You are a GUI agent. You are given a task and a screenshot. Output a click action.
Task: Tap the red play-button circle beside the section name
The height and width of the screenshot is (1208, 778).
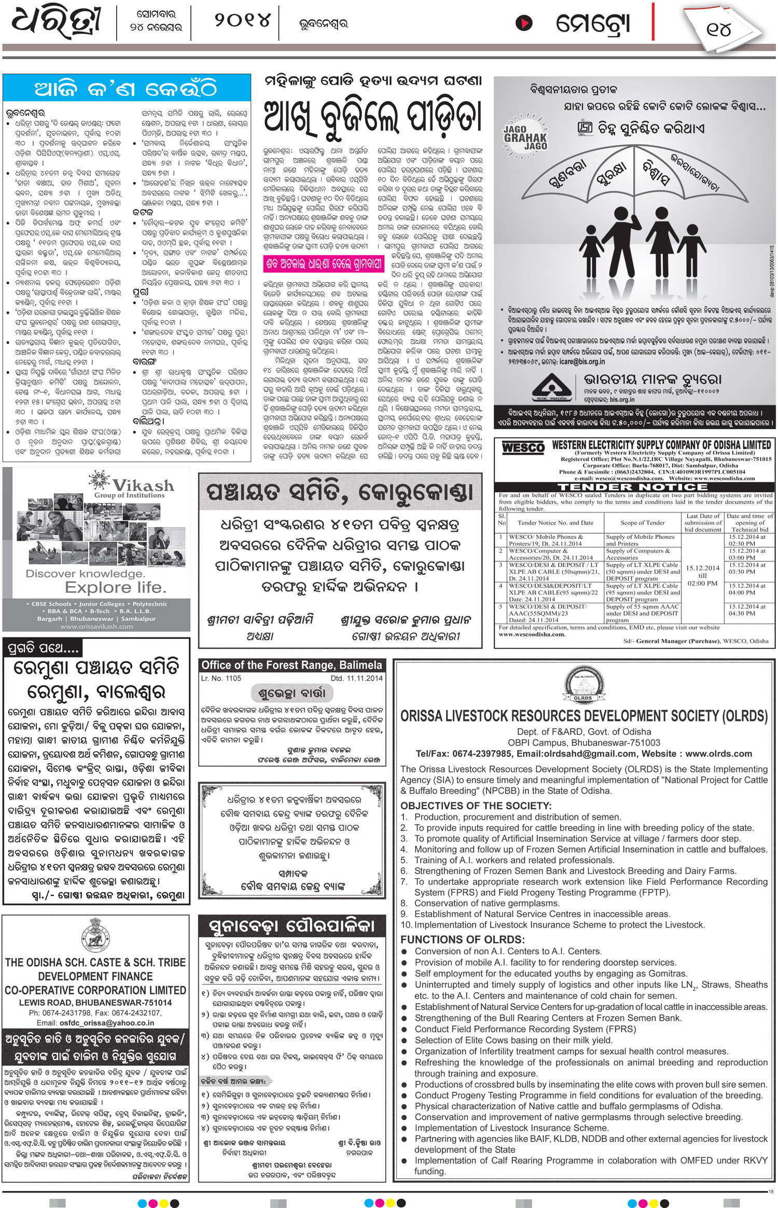[x=524, y=23]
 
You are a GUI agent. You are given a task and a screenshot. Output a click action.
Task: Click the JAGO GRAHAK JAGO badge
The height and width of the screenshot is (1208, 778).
[x=525, y=137]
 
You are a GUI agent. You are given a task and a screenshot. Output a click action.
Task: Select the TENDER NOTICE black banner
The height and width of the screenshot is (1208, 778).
[x=633, y=487]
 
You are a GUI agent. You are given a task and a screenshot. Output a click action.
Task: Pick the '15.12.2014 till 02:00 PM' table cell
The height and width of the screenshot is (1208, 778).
[x=702, y=575]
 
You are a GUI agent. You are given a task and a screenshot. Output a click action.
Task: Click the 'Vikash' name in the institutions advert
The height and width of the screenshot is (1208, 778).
[x=143, y=485]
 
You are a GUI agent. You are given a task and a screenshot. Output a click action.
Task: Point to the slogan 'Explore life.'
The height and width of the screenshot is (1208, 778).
[x=116, y=587]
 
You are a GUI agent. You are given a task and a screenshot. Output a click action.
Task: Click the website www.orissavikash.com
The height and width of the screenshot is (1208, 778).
[x=96, y=626]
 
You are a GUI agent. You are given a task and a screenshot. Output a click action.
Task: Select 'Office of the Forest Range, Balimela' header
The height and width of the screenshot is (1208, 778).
[x=291, y=665]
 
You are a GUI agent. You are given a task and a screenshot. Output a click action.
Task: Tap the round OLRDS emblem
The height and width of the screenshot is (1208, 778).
[x=584, y=686]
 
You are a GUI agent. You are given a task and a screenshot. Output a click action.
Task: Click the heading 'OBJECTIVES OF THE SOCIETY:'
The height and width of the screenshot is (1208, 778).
[x=476, y=806]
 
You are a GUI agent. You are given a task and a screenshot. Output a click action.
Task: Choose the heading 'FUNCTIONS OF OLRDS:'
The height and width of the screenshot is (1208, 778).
[x=462, y=939]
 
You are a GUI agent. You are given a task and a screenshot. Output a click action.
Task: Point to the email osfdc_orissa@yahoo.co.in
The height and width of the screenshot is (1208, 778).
[x=95, y=1023]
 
